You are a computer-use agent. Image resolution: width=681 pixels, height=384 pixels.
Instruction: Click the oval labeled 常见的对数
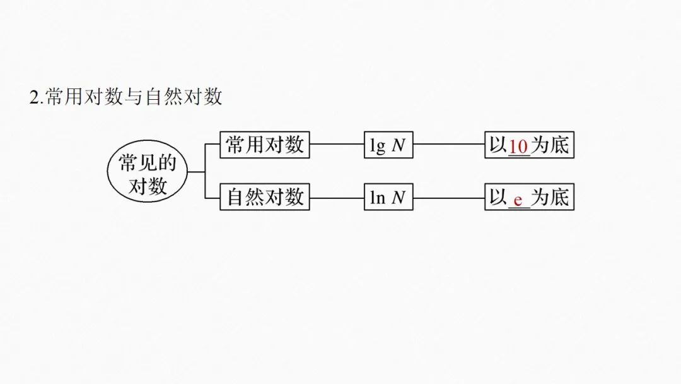[148, 171]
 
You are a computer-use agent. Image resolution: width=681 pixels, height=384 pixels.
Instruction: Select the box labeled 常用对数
[265, 145]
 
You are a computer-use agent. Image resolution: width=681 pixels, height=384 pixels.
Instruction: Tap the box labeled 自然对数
[265, 197]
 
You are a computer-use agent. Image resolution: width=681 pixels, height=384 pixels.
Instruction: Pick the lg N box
[388, 145]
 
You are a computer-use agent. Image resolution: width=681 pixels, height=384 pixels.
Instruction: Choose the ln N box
[388, 197]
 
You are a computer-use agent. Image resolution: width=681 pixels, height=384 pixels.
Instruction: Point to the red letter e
[518, 200]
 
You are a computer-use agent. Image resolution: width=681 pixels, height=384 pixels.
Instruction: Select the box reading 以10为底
[529, 145]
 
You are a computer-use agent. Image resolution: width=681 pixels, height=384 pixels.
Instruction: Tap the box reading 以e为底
[529, 197]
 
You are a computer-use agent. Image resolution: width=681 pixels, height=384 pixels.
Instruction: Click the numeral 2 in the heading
[35, 98]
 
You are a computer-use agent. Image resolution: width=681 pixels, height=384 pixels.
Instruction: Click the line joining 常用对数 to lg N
[337, 145]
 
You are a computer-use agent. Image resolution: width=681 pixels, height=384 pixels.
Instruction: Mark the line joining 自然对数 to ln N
[337, 197]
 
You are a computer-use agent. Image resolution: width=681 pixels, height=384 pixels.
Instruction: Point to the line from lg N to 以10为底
[448, 145]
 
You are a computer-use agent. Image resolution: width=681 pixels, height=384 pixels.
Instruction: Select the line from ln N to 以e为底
[448, 197]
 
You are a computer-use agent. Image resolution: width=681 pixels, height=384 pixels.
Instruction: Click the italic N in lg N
[398, 146]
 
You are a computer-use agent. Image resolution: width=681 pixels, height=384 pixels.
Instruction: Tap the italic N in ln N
[398, 198]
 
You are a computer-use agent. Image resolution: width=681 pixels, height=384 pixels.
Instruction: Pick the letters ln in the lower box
[377, 198]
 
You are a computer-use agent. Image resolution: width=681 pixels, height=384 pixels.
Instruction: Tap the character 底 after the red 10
[559, 145]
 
